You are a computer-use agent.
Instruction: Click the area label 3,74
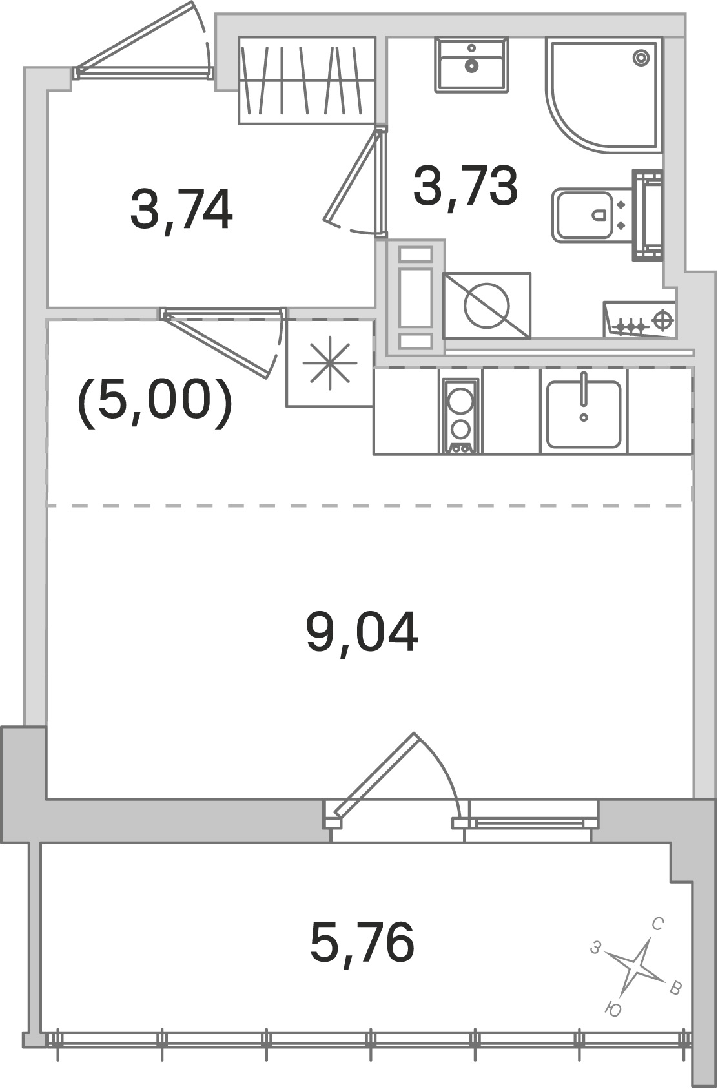pos(181,211)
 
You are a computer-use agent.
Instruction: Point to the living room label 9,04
pos(362,632)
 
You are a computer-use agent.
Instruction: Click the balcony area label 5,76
pos(362,942)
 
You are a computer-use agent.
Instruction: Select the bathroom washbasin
pos(472,65)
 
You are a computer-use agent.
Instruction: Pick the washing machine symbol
pos(487,306)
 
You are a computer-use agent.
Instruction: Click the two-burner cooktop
pos(460,416)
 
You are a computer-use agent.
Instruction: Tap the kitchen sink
pos(583,413)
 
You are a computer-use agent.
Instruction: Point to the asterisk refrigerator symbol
pos(330,363)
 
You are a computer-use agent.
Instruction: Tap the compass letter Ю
pos(614,1010)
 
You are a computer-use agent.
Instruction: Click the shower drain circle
pos(641,57)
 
